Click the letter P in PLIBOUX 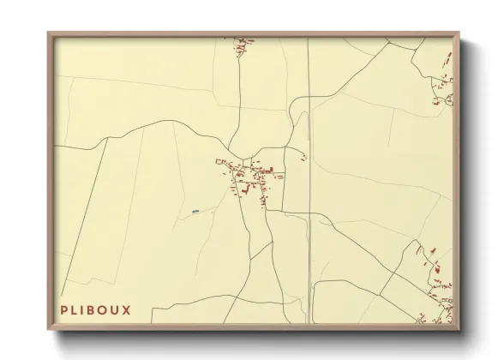[64, 309]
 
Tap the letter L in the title [76, 309]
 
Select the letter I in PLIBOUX [86, 309]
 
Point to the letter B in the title [95, 309]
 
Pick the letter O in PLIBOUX [106, 309]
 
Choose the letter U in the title [117, 309]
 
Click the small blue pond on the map [195, 210]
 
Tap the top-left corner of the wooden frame [49, 33]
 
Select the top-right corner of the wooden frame [460, 33]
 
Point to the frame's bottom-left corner [49, 329]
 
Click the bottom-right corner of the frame [460, 329]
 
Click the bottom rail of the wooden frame [255, 327]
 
